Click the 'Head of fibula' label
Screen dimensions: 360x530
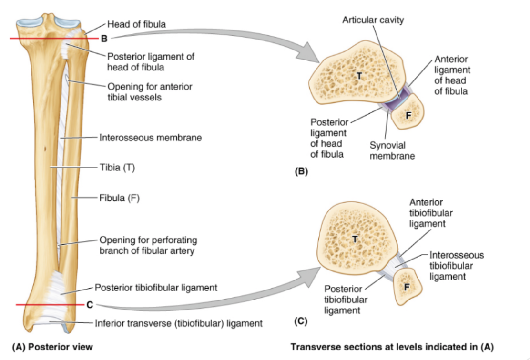click(x=136, y=24)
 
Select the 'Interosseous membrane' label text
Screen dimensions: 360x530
click(x=150, y=138)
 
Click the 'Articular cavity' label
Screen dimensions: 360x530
click(x=373, y=20)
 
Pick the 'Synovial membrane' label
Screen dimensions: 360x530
click(x=392, y=150)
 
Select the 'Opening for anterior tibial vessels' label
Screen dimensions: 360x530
click(x=150, y=92)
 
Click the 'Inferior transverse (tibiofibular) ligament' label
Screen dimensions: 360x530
click(x=178, y=323)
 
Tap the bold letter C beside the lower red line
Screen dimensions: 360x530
click(x=90, y=305)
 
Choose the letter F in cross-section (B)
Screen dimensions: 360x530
click(x=408, y=115)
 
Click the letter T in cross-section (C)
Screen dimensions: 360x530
click(x=355, y=240)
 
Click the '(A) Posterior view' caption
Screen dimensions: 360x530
click(x=52, y=347)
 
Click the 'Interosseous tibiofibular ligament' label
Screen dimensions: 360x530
click(x=456, y=266)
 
